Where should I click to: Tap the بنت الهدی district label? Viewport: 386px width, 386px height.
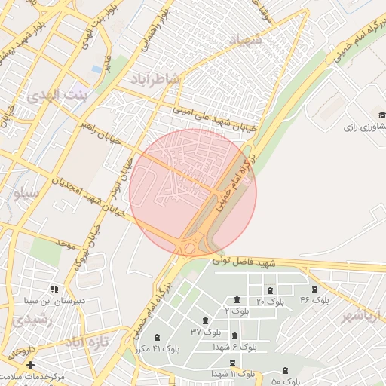point(57,96)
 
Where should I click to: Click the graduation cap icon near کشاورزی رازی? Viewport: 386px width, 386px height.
point(382,115)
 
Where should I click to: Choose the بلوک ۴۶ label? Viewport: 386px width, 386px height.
point(314,300)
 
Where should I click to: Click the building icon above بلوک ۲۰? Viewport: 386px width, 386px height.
point(270,290)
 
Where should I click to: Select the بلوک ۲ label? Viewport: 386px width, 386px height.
point(237,311)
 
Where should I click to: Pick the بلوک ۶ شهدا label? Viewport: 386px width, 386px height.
point(234,347)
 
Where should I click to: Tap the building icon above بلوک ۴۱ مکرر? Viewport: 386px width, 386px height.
point(157,337)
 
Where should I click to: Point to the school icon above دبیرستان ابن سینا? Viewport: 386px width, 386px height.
point(54,289)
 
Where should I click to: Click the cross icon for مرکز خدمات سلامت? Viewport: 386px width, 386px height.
point(30,365)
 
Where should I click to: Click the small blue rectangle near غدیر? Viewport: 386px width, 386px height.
point(96,69)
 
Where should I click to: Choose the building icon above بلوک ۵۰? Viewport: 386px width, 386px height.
point(285,370)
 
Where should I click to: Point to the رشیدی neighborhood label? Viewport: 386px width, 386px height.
point(29,320)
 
